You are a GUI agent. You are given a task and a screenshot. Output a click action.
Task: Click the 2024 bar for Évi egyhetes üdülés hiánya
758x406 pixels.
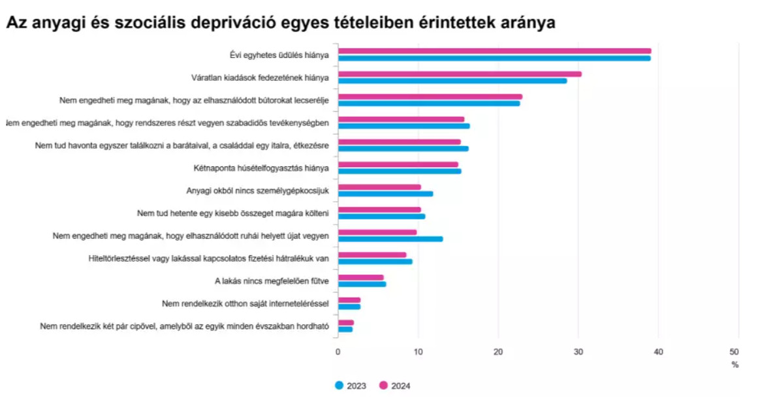coord(494,51)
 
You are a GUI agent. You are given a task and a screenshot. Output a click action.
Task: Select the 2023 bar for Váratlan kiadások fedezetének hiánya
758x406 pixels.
coord(452,81)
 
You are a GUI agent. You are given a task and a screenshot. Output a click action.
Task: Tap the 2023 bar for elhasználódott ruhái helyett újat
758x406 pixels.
coord(390,239)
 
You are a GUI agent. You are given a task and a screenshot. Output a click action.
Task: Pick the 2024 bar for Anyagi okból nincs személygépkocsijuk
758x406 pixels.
coord(379,187)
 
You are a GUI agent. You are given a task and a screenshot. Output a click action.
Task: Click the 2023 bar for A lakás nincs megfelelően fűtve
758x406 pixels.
coord(362,284)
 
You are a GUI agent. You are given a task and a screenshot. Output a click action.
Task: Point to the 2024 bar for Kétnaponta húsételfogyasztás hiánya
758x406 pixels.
coord(398,164)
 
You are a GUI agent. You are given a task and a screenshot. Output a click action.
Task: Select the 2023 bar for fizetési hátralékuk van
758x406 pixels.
coord(375,261)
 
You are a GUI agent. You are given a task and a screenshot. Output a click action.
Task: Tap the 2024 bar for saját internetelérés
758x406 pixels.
coord(349,300)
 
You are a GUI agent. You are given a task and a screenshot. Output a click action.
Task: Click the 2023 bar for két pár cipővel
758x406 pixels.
coord(345,329)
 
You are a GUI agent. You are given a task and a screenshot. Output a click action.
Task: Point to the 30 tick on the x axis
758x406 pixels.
coord(578,352)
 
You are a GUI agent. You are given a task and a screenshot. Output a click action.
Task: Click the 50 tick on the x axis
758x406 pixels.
coord(738,352)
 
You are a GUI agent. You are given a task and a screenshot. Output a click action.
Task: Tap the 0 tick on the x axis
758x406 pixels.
coord(338,352)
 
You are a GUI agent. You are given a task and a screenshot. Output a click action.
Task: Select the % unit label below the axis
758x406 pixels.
coord(735,365)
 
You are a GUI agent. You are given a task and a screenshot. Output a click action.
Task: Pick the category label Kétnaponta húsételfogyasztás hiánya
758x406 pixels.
coord(261,168)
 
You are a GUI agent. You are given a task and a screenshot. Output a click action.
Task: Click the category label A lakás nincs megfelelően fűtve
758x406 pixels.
coord(272,281)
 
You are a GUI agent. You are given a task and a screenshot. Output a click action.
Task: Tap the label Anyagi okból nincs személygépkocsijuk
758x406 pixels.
coord(257,191)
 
